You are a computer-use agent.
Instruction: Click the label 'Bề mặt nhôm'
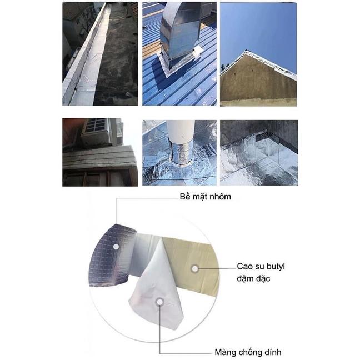click(x=205, y=197)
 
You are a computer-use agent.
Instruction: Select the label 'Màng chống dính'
click(x=248, y=352)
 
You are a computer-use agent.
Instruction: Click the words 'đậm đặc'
click(x=253, y=278)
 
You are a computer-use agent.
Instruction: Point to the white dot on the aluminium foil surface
click(x=116, y=247)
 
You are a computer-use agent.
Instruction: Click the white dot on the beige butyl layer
click(x=195, y=268)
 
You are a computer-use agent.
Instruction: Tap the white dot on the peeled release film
click(x=159, y=302)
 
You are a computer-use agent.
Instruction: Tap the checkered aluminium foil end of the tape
click(x=112, y=255)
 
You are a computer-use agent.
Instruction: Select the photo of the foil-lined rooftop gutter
click(x=100, y=54)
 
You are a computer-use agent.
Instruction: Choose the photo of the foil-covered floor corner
click(x=259, y=153)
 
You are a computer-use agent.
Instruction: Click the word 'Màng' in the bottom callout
click(x=225, y=353)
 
